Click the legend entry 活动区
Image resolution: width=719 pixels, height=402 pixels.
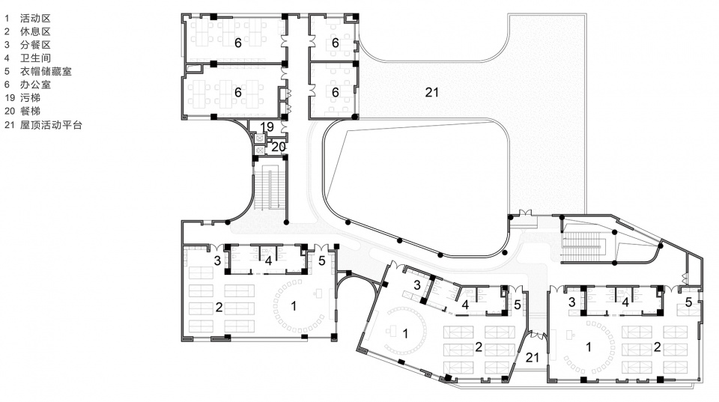coord(35,18)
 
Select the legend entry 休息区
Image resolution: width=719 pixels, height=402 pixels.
coord(35,31)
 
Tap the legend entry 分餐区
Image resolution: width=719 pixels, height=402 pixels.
coord(35,45)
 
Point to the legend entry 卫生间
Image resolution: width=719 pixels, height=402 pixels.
coord(35,58)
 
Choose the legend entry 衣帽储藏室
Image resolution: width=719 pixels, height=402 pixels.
coord(46,72)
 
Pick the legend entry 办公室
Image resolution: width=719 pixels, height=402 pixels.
coord(35,85)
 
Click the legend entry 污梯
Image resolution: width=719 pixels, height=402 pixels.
coord(30,97)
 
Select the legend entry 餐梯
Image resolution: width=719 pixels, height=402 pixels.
coord(30,111)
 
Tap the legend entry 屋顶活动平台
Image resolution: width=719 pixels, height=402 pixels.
coord(51,125)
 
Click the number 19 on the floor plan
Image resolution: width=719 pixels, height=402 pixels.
coord(267,127)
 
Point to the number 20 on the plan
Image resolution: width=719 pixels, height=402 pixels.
coord(279,147)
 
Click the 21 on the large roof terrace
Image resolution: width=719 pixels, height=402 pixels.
coord(432,93)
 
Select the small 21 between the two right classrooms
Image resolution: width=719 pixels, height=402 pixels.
coord(533,357)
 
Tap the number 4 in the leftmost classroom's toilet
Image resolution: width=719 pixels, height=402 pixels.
coord(268,261)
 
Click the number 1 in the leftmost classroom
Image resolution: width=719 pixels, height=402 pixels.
coord(294,305)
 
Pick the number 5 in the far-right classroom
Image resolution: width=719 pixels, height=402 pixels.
coord(688,302)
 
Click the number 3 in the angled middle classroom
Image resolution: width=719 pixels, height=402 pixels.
coord(417,285)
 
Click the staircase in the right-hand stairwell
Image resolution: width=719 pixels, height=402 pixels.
coord(581,246)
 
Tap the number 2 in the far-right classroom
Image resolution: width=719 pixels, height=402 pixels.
coord(657,347)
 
